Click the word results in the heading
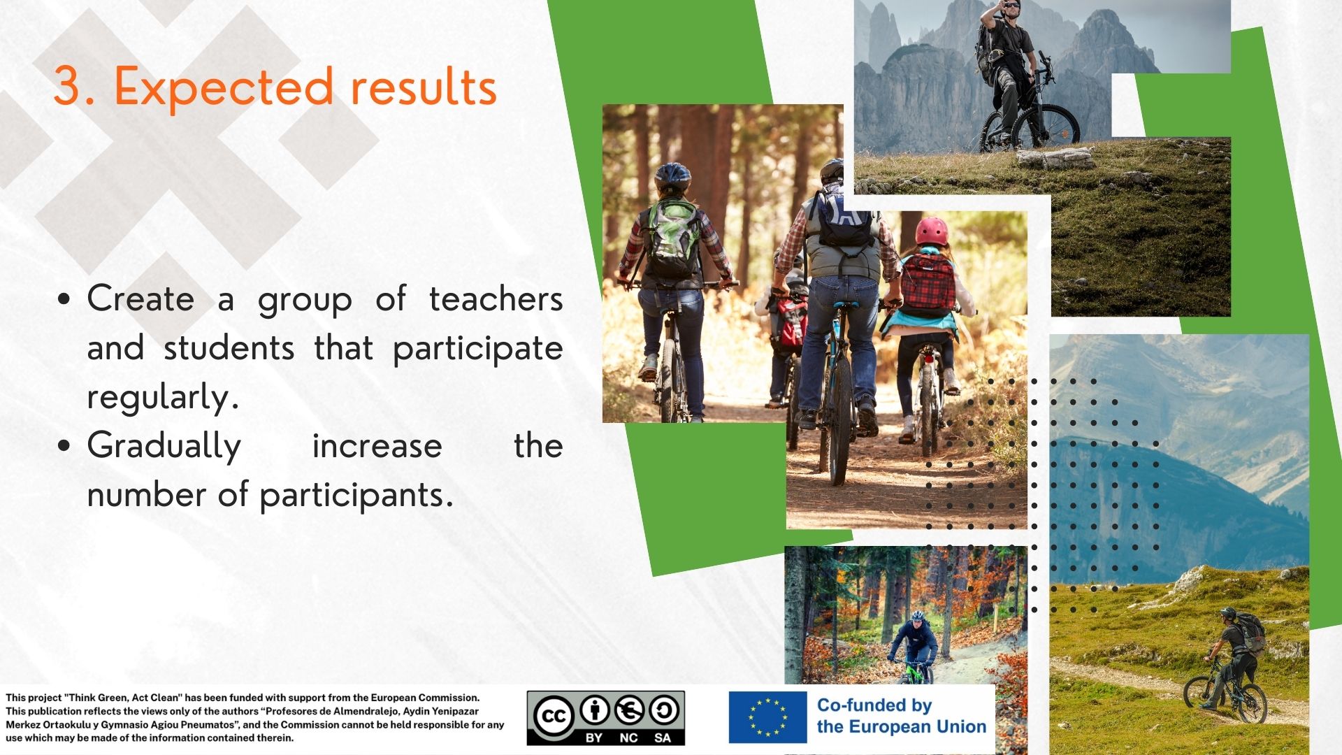[x=424, y=88]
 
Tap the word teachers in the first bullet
[x=496, y=299]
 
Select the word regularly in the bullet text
[x=163, y=397]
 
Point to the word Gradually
[x=164, y=446]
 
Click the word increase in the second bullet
[x=377, y=446]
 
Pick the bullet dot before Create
[x=64, y=300]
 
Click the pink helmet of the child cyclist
[x=932, y=230]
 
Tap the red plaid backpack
[x=927, y=285]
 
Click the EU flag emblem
[x=767, y=718]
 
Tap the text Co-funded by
[x=874, y=705]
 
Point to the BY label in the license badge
[x=594, y=738]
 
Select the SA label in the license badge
[x=663, y=738]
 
